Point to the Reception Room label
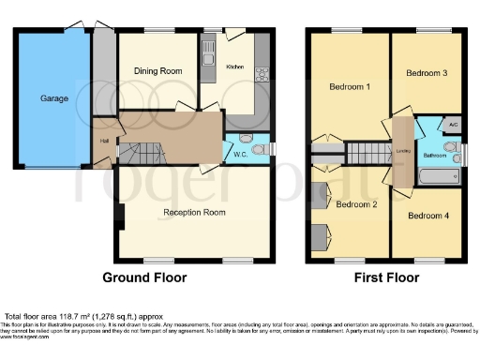point(195,212)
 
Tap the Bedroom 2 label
point(356,204)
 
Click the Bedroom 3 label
point(426,71)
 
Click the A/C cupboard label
point(452,125)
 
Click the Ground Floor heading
point(144,277)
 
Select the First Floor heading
point(386,277)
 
